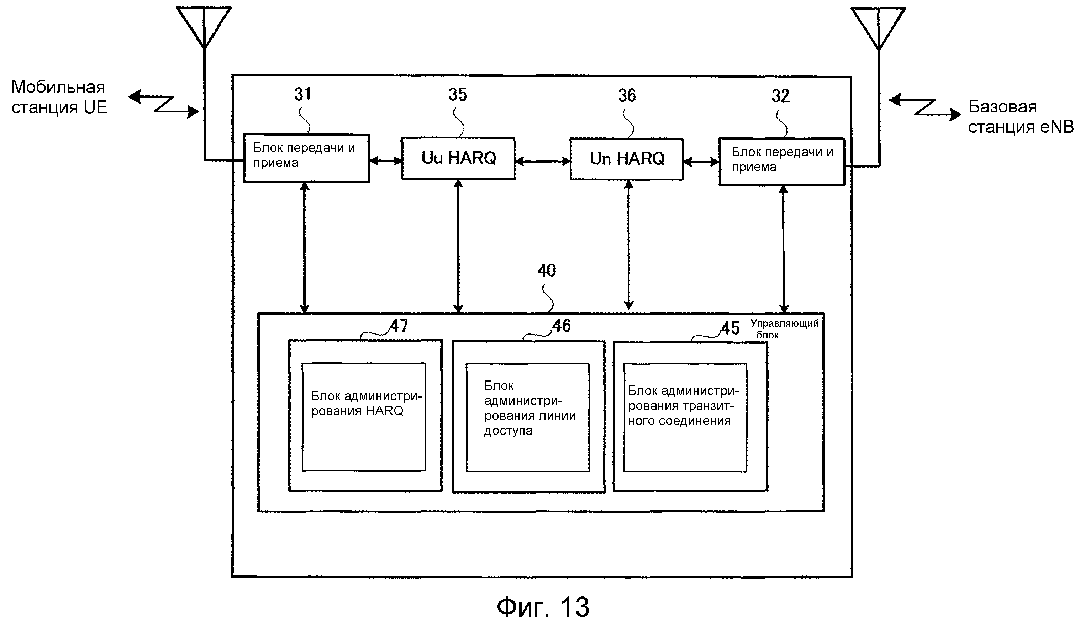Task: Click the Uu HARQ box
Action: [x=458, y=158]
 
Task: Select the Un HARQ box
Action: [x=627, y=159]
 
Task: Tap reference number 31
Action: [x=302, y=94]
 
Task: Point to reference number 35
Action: [x=457, y=95]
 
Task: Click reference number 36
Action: [x=627, y=95]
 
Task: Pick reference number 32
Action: [x=780, y=96]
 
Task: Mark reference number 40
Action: [x=547, y=271]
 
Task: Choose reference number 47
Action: [x=399, y=326]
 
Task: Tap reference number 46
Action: [x=562, y=326]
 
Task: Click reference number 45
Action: [x=730, y=328]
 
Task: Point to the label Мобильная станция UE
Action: [x=59, y=97]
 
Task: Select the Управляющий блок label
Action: [x=784, y=329]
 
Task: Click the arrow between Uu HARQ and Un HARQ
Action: [x=542, y=162]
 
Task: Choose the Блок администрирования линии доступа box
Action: [x=528, y=417]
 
